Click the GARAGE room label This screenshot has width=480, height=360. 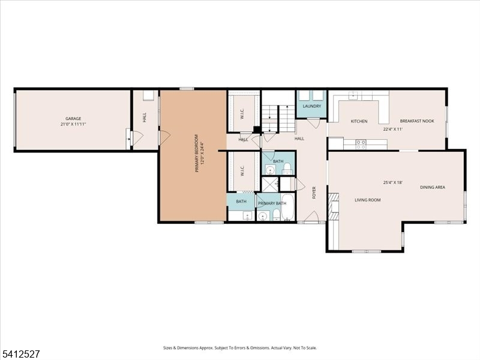tap(73, 119)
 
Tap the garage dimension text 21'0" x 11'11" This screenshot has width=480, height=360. tap(73, 124)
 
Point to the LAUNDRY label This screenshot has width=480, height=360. tap(312, 106)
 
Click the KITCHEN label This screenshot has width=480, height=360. tap(359, 122)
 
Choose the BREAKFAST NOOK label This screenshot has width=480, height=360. tap(417, 121)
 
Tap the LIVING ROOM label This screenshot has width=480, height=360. tap(368, 200)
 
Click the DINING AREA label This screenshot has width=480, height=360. tap(433, 187)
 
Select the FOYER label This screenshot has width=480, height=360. tap(314, 193)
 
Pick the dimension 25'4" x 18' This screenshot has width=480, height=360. tap(393, 182)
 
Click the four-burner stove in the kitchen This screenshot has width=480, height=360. tap(361, 144)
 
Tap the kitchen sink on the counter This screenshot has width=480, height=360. tap(354, 95)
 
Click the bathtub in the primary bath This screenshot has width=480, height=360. tap(287, 207)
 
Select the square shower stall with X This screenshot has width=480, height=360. tap(270, 185)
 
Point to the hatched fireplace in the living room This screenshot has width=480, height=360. tap(334, 206)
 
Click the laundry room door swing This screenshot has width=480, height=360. tap(313, 122)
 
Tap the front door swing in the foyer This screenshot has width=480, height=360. tap(311, 216)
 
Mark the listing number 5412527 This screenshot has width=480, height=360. tap(20, 354)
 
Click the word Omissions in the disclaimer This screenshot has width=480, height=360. tap(259, 348)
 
